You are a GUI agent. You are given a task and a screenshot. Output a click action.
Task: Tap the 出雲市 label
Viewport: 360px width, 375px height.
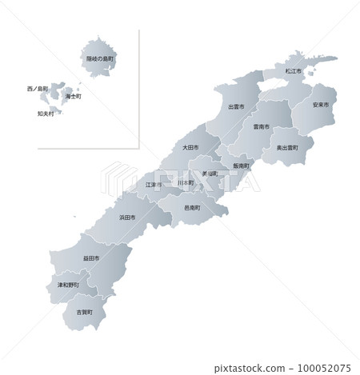pos(236,106)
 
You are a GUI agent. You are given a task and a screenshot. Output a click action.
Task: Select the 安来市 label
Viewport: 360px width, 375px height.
pos(321,105)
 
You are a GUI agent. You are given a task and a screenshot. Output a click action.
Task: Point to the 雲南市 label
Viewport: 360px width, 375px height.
pos(261,126)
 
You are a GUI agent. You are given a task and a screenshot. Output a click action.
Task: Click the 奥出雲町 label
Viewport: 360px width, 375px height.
pos(287,148)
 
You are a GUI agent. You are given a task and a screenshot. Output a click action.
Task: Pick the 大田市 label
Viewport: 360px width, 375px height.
pos(190,147)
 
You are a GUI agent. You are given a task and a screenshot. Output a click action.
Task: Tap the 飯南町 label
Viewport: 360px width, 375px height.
pos(242,166)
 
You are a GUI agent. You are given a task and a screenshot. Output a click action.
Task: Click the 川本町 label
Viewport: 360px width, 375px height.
pos(186,183)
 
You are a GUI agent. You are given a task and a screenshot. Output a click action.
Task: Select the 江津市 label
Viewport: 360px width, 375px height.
pos(154,185)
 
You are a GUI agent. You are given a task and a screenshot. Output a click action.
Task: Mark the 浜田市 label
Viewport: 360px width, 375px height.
pos(127,217)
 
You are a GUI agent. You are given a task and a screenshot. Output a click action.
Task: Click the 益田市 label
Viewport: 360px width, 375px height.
pos(90,259)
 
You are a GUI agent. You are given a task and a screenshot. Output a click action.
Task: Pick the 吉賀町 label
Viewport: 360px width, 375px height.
pos(84,311)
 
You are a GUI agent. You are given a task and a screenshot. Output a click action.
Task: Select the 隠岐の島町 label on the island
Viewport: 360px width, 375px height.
pos(101,58)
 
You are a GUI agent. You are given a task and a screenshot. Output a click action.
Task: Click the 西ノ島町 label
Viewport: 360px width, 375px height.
pos(38,88)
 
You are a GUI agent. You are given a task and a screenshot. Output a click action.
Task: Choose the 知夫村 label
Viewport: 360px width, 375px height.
pos(46,113)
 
